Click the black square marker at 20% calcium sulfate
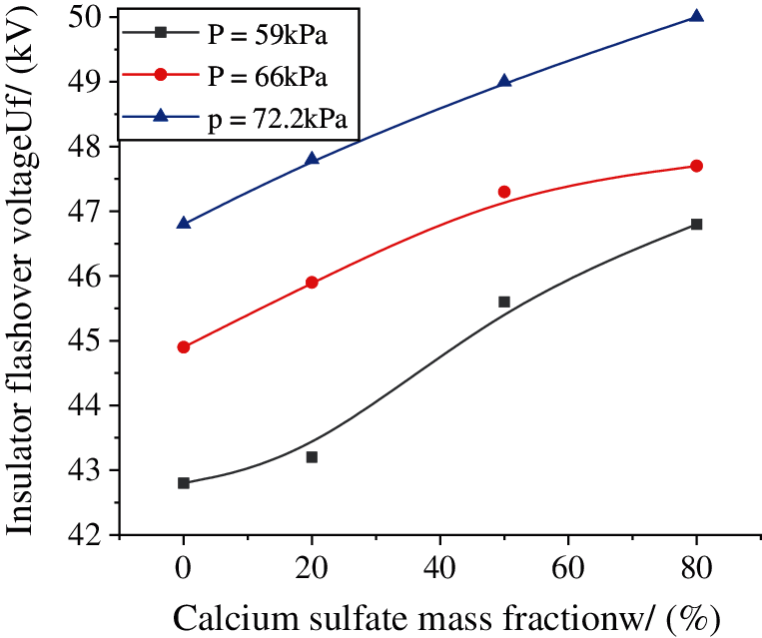pyautogui.click(x=312, y=456)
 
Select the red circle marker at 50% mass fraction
pyautogui.click(x=504, y=192)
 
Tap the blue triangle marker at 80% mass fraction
pyautogui.click(x=697, y=16)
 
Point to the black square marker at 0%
pyautogui.click(x=184, y=482)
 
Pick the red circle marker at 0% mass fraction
pyautogui.click(x=184, y=347)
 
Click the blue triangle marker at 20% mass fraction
pyautogui.click(x=312, y=159)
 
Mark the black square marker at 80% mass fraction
pyautogui.click(x=697, y=224)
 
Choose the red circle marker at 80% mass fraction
pyautogui.click(x=697, y=166)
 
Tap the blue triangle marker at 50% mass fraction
pyautogui.click(x=504, y=81)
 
